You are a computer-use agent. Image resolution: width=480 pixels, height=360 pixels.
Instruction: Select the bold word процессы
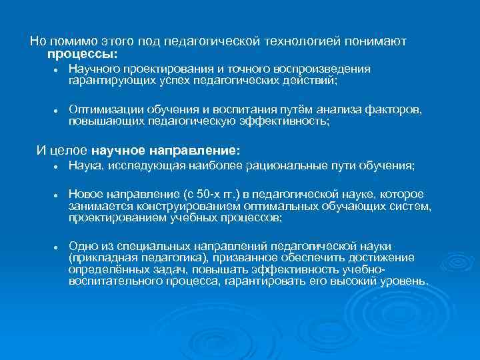pos(82,53)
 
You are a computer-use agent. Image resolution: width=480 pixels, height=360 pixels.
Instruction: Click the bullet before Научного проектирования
pos(57,70)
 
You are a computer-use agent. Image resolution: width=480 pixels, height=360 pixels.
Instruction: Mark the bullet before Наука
pos(57,166)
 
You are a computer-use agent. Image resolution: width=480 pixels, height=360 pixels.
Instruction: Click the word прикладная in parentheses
pos(101,258)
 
